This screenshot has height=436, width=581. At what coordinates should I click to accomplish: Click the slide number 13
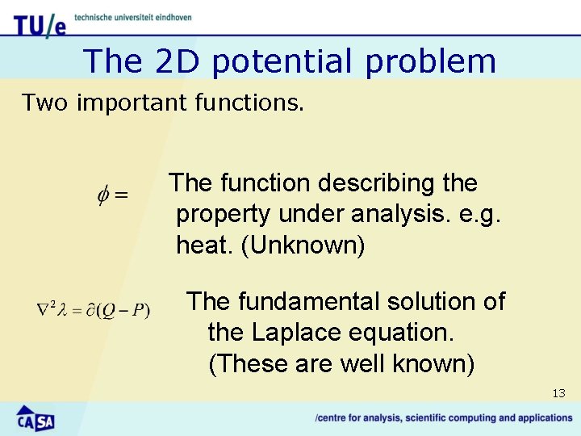pyautogui.click(x=558, y=394)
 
